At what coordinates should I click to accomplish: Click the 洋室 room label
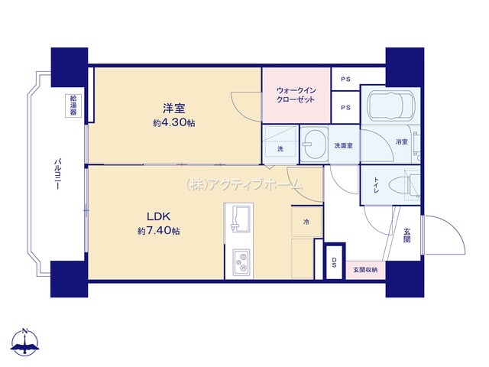coord(173,108)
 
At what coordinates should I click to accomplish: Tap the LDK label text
coord(159,216)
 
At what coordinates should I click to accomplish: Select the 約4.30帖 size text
coord(173,122)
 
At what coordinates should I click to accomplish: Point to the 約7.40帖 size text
coord(159,231)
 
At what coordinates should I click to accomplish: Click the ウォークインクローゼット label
coord(296,95)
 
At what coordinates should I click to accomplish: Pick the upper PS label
coord(345,80)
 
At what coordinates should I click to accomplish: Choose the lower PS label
coord(345,108)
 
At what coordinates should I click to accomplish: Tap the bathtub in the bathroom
coord(391,105)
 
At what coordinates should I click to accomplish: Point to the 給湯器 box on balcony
coord(73,106)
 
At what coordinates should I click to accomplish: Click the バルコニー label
coord(57,174)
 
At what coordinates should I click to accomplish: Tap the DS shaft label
coord(334,262)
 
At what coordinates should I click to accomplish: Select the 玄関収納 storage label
coord(365,270)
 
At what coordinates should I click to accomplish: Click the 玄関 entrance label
coord(406,235)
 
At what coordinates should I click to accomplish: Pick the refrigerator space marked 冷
coord(306,222)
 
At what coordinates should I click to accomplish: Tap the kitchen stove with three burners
coord(241,262)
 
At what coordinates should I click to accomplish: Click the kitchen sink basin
coord(241,219)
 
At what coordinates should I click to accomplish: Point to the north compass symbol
coord(24,342)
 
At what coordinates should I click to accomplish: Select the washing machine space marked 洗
coord(280,145)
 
